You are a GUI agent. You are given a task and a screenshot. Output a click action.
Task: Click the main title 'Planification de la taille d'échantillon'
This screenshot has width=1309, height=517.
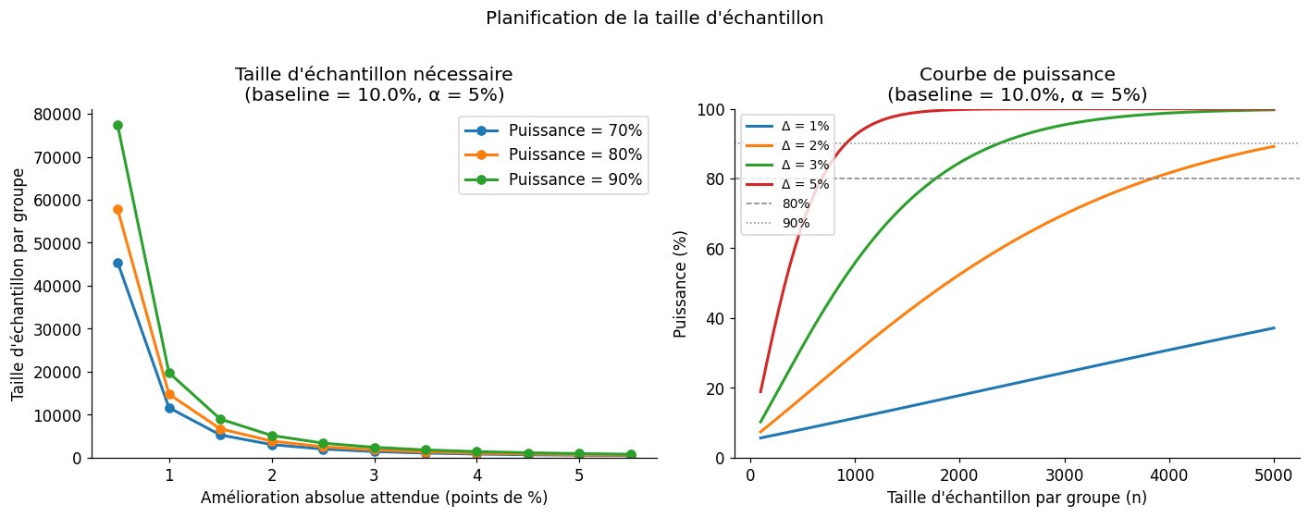tap(654, 18)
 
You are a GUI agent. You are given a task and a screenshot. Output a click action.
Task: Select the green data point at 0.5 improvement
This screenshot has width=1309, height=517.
tap(117, 125)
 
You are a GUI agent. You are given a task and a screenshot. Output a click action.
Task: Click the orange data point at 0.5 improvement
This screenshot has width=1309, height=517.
tap(117, 209)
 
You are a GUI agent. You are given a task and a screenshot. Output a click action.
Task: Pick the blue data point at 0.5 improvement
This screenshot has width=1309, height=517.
tap(117, 263)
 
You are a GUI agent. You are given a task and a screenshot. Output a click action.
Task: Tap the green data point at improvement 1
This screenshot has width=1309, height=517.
tap(169, 373)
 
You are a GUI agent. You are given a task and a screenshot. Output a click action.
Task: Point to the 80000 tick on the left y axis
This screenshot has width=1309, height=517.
tap(56, 114)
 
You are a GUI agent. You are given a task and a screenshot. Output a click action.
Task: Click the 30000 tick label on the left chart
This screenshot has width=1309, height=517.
tap(56, 329)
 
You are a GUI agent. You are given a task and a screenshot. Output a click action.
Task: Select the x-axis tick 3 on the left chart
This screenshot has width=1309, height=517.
tap(374, 475)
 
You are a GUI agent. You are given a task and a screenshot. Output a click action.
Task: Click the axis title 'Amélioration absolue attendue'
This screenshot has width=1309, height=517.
tap(374, 498)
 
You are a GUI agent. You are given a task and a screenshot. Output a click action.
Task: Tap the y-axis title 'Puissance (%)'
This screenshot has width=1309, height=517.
tap(681, 283)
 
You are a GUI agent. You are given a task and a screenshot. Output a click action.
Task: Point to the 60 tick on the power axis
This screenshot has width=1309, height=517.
tap(714, 249)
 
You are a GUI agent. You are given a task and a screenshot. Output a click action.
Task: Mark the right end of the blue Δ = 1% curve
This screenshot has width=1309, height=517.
tap(1274, 327)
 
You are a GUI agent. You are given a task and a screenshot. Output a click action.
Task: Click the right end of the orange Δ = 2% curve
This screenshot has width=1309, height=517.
tap(1274, 146)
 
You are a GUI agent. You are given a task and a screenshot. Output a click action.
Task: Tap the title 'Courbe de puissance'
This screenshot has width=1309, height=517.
tap(1017, 75)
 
